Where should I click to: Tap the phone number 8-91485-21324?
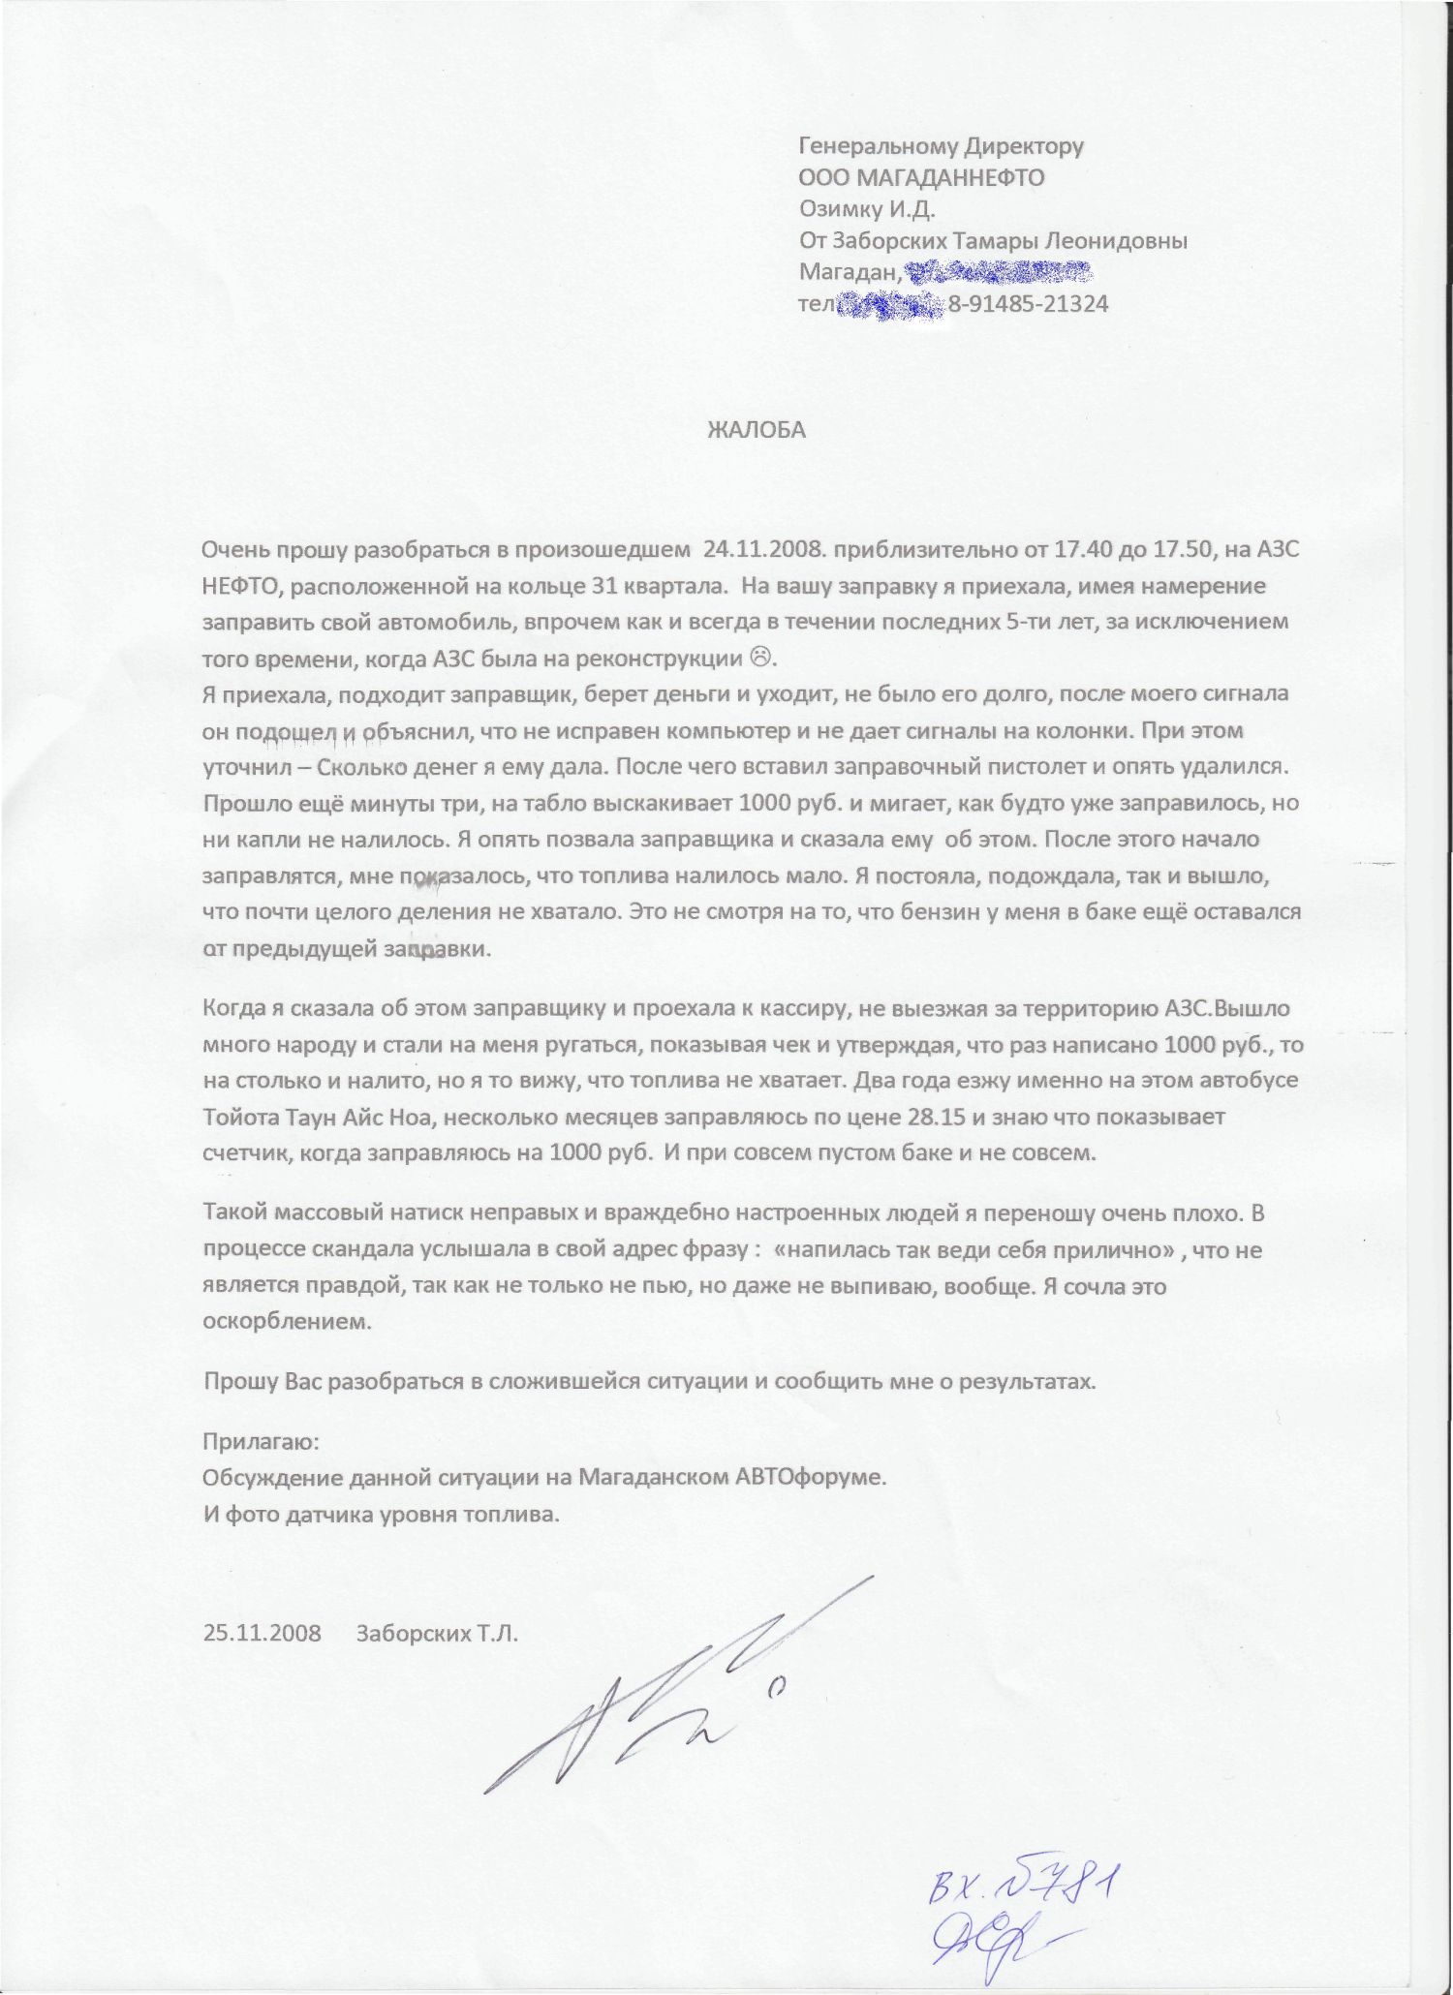tap(1028, 304)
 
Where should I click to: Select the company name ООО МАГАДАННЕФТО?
tap(921, 177)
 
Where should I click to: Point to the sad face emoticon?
tap(762, 659)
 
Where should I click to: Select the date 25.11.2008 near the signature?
tap(262, 1632)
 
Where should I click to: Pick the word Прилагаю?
tap(260, 1441)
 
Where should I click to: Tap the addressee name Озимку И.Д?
tap(868, 209)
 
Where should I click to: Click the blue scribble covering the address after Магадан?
tap(998, 272)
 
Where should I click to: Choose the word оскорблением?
tap(287, 1321)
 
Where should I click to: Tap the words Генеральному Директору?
tap(941, 146)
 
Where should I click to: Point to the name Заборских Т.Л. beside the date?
tap(438, 1632)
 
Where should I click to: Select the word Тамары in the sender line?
tap(983, 241)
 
